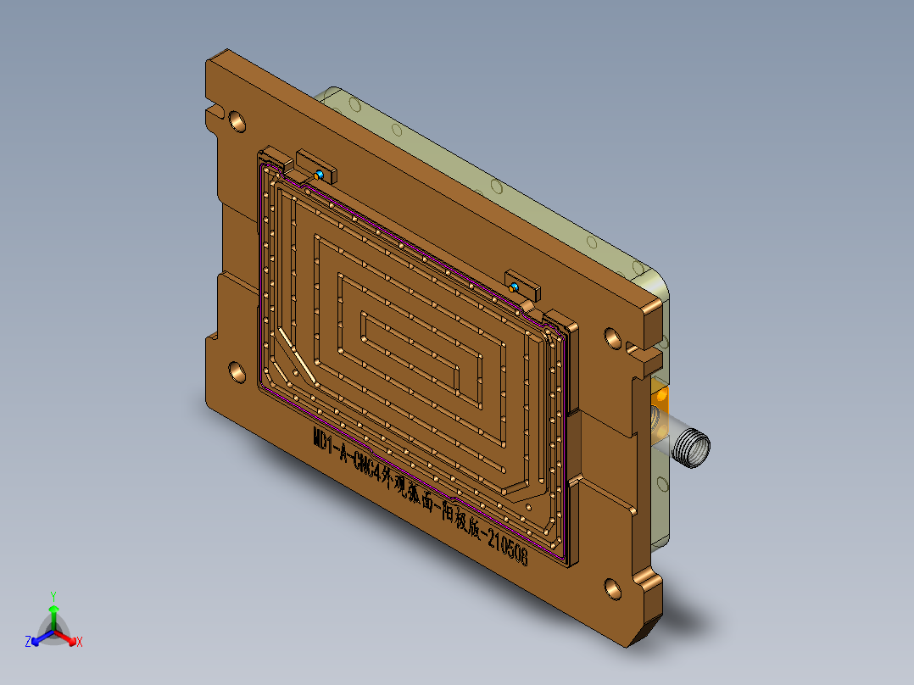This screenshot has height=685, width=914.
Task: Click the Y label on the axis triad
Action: click(x=53, y=595)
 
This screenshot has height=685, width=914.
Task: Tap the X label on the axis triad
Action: click(x=80, y=643)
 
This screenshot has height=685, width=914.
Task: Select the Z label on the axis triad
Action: click(x=28, y=643)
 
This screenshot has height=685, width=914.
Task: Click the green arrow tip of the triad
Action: click(x=53, y=610)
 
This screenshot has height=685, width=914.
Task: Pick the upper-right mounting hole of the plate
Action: click(x=613, y=337)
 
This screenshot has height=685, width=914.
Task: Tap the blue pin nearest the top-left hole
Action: click(x=320, y=174)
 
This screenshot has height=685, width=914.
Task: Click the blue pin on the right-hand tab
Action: click(x=516, y=288)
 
